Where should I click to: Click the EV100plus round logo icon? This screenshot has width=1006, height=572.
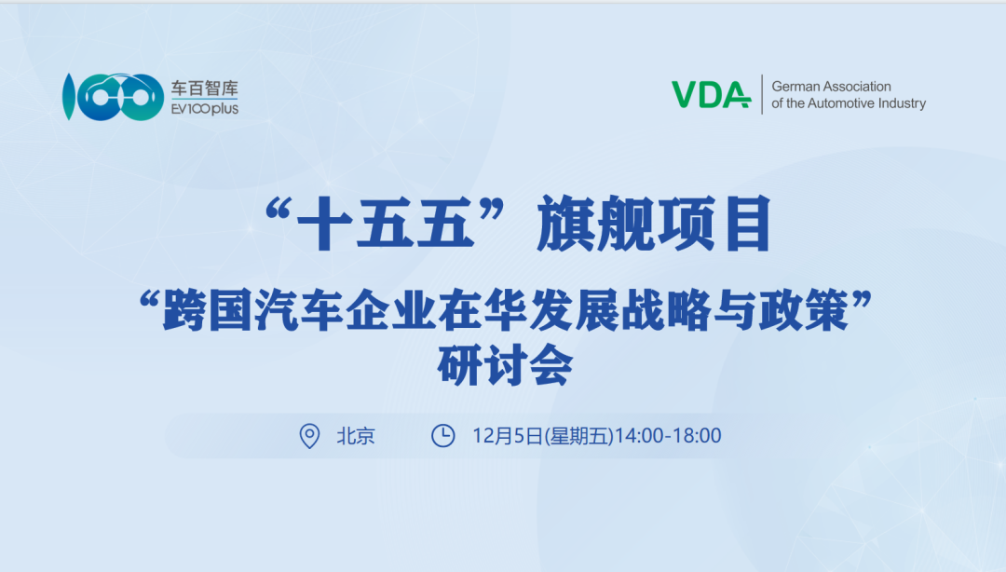[x=107, y=96]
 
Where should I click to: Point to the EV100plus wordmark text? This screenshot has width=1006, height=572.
[x=204, y=108]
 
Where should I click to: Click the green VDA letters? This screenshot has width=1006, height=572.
[x=711, y=94]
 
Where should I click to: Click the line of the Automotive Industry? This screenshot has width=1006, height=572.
[x=849, y=103]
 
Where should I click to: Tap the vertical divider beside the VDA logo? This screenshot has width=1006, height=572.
[x=762, y=94]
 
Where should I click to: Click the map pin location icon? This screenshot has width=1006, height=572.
[x=309, y=435]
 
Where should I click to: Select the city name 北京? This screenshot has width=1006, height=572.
[x=355, y=435]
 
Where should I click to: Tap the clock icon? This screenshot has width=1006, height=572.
[x=443, y=435]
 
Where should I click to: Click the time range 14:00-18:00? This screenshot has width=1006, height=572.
[x=668, y=435]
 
